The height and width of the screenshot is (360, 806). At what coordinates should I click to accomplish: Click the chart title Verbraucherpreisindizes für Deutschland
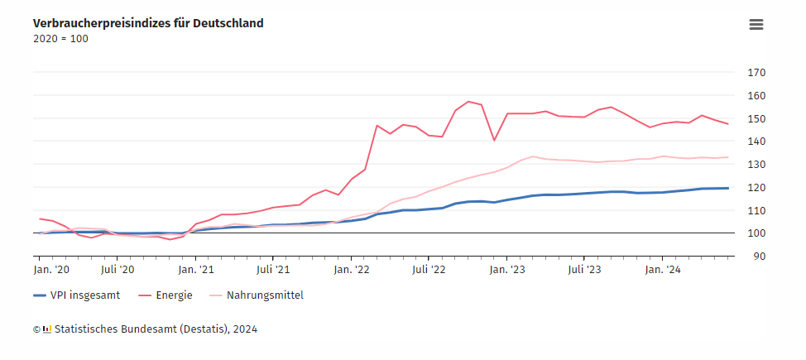148,23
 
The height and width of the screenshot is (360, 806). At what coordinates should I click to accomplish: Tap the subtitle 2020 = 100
60,38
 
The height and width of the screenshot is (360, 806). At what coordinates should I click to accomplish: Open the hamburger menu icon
756,25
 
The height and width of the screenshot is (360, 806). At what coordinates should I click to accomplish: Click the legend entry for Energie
170,295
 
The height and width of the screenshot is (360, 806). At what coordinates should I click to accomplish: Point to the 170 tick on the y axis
756,72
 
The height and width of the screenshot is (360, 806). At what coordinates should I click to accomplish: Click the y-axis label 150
756,118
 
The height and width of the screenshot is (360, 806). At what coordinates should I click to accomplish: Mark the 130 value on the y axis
756,164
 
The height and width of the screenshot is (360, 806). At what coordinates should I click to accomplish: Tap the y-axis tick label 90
753,256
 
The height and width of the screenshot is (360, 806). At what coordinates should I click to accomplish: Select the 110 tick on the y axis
756,210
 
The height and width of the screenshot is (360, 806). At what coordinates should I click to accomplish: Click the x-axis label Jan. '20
51,269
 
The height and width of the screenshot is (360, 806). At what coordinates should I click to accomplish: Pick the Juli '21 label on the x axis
273,269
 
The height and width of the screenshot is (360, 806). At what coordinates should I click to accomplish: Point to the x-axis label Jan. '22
353,269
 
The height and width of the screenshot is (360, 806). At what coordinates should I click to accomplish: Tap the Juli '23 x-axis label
584,269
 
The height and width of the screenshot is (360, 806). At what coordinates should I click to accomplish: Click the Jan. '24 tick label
663,269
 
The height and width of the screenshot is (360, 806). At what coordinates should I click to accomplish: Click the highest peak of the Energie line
468,102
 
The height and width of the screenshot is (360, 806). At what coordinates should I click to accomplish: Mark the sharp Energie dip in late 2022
494,140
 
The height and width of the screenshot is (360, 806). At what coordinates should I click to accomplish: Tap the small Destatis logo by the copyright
46,329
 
